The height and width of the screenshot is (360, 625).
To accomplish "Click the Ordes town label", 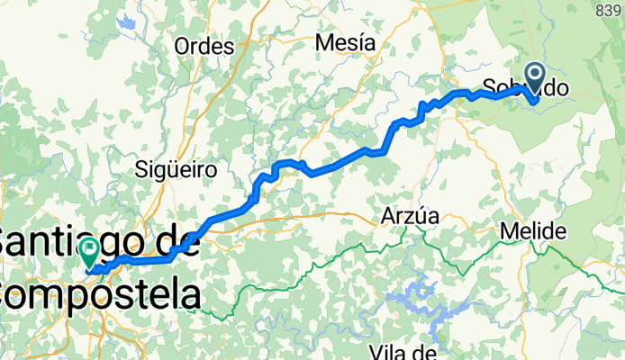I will coord(204,47).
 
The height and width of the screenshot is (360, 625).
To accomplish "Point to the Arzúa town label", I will coord(410,216).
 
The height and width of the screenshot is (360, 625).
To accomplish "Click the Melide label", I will coord(535,230).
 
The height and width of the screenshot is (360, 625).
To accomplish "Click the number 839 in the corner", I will coord(611,9).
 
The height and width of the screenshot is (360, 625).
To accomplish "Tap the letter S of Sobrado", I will coord(489,88).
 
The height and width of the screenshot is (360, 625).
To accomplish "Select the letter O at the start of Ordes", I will coord(183,47).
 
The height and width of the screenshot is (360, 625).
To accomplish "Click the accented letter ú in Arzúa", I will coord(417,216).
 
